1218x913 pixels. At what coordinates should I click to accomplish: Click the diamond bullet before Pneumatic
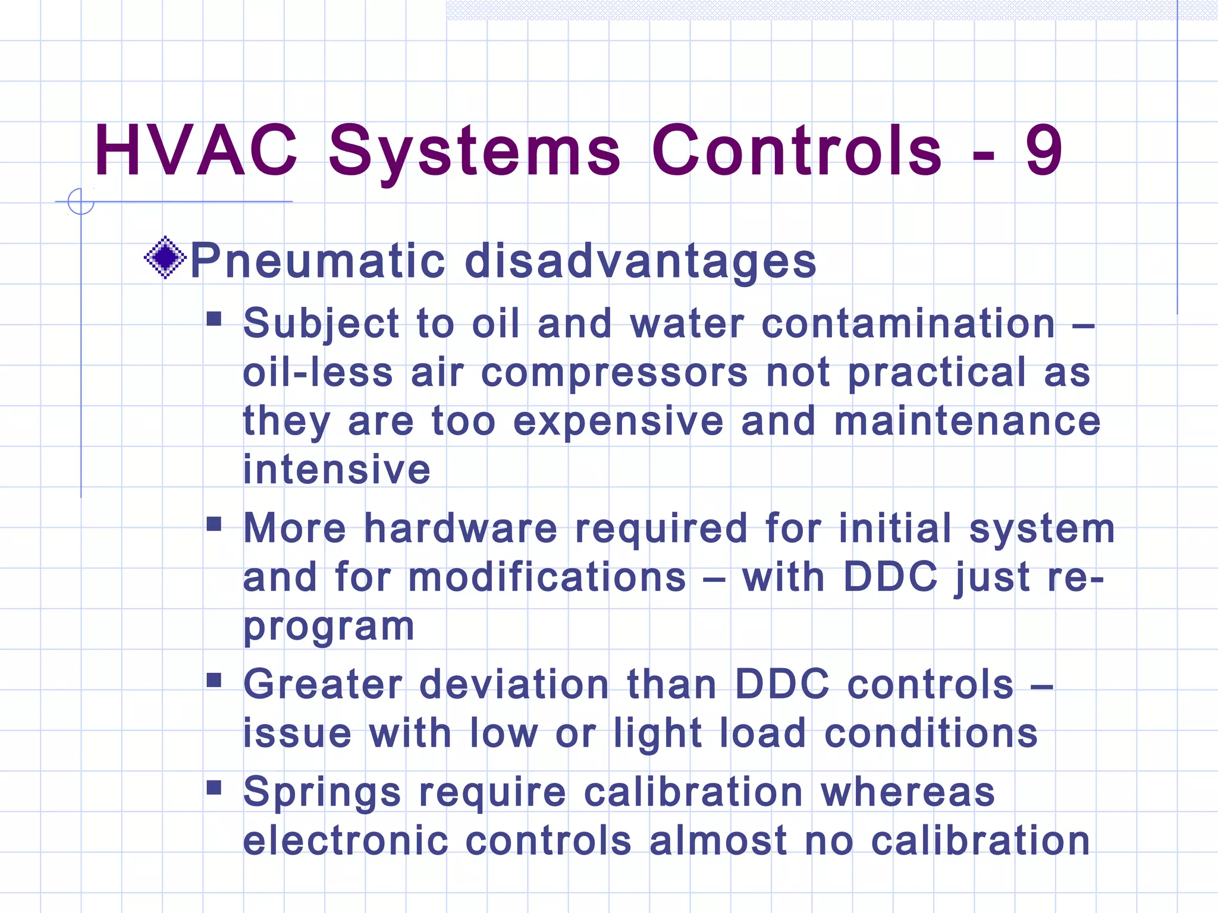click(165, 258)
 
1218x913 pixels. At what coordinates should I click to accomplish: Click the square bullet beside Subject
click(214, 319)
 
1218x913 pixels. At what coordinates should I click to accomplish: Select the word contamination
click(908, 324)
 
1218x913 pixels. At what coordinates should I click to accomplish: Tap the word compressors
click(614, 373)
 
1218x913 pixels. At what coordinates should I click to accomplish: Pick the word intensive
click(337, 470)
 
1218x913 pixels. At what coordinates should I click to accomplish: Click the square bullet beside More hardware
click(214, 524)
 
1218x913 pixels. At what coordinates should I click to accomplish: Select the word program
click(329, 627)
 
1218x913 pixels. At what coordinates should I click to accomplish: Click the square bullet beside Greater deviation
click(214, 679)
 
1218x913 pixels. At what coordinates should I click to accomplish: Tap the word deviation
click(514, 684)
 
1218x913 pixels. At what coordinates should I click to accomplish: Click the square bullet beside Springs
click(214, 788)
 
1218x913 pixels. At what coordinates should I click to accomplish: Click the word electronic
click(346, 841)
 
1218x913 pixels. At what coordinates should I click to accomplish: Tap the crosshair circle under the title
click(81, 202)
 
